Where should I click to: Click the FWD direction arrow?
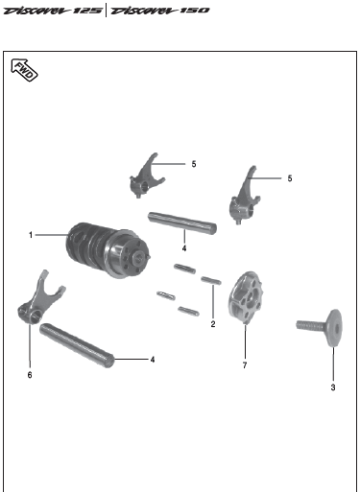click(24, 70)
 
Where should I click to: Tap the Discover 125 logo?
click(53, 11)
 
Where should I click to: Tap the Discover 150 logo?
click(159, 11)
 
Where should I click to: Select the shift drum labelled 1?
click(108, 250)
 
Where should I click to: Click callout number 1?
click(31, 235)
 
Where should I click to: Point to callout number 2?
click(213, 324)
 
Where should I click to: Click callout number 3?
click(333, 387)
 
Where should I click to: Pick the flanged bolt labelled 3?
click(320, 327)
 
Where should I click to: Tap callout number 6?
click(30, 375)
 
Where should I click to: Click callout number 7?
click(245, 365)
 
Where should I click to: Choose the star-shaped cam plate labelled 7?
click(246, 297)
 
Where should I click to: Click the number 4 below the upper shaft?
click(184, 248)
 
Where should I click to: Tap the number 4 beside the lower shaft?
click(153, 360)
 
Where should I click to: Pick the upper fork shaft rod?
click(182, 223)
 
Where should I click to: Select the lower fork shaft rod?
click(77, 345)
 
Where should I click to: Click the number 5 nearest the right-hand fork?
click(290, 178)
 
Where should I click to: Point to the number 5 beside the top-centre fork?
click(194, 164)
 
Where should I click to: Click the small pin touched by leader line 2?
click(211, 281)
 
